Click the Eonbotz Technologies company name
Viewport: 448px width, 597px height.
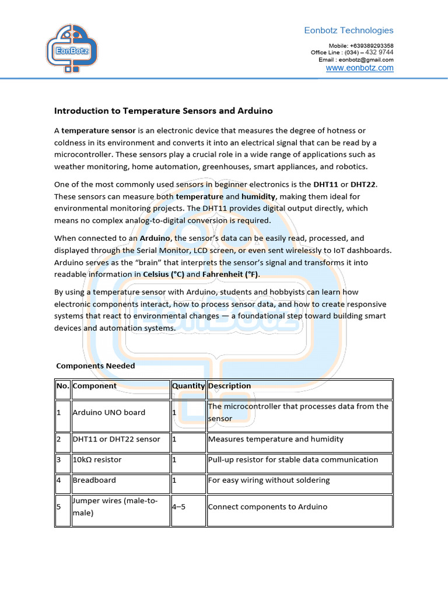click(x=349, y=30)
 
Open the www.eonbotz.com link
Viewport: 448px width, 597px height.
click(x=359, y=68)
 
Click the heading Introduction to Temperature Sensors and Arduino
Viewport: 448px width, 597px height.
click(x=163, y=110)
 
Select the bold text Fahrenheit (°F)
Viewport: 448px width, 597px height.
click(x=230, y=274)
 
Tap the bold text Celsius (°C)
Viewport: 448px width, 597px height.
click(x=163, y=274)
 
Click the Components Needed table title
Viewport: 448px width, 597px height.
click(x=95, y=366)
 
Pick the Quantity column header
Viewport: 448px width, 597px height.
click(x=188, y=386)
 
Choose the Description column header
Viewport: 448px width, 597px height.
click(x=229, y=386)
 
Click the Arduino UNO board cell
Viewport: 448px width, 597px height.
click(x=108, y=412)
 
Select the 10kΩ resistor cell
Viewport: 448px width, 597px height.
click(x=97, y=459)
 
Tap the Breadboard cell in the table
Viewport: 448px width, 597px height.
click(x=94, y=480)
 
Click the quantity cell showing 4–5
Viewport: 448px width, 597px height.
click(x=178, y=507)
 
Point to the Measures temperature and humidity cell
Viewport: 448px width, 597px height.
click(x=275, y=439)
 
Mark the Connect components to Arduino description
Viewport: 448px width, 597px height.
click(x=267, y=507)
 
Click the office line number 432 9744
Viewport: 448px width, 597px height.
click(x=379, y=52)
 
